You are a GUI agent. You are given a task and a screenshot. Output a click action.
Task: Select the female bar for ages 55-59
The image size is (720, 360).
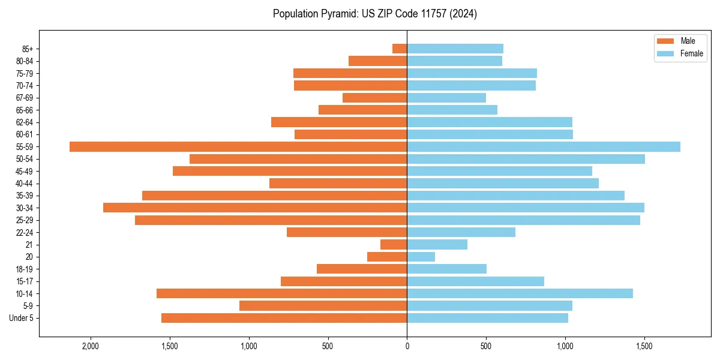point(544,146)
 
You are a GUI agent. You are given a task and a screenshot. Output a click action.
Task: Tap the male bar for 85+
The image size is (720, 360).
point(400,49)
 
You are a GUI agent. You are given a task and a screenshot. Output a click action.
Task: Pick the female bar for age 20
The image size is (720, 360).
point(421,257)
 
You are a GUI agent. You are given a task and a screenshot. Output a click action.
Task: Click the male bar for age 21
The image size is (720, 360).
point(394,245)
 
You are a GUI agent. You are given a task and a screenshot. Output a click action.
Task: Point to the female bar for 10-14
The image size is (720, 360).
point(520,293)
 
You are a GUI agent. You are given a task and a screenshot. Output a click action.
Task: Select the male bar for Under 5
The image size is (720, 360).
point(284,318)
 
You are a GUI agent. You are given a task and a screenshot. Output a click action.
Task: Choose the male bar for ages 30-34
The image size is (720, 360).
point(255,208)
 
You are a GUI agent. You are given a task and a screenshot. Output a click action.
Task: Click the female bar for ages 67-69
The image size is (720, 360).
point(446,98)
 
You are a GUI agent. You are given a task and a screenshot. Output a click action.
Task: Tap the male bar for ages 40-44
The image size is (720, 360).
point(338,183)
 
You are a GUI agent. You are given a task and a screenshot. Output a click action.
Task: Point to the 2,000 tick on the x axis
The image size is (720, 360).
point(91,346)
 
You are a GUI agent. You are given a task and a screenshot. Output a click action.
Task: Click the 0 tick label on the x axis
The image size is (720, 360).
point(407,346)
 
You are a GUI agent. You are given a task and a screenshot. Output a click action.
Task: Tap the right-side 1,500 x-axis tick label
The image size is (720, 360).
point(644,346)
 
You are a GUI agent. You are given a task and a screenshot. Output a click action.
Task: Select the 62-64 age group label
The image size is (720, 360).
point(25,122)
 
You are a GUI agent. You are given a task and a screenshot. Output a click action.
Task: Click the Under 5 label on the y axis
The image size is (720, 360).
point(22,318)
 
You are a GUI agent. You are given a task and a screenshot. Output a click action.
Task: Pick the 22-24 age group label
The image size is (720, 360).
point(25,232)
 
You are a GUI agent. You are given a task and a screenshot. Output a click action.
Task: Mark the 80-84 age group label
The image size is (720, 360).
point(25,61)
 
